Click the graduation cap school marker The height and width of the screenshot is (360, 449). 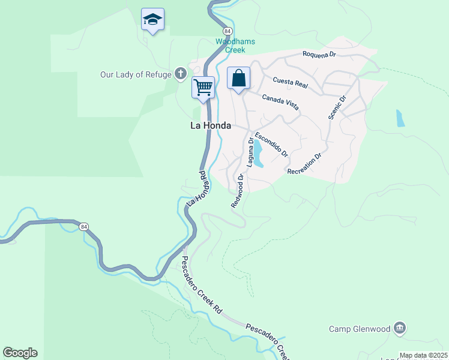pyautogui.click(x=153, y=20)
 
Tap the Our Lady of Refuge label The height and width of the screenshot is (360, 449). pyautogui.click(x=137, y=74)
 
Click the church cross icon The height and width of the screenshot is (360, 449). pyautogui.click(x=180, y=74)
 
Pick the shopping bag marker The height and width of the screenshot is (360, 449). pyautogui.click(x=238, y=78)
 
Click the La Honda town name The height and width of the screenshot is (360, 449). pyautogui.click(x=211, y=126)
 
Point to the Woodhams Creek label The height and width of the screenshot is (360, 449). pyautogui.click(x=235, y=46)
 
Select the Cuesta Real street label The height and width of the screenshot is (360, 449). pyautogui.click(x=290, y=83)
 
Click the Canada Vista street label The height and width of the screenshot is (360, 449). pyautogui.click(x=280, y=101)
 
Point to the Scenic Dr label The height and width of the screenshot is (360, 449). pyautogui.click(x=337, y=107)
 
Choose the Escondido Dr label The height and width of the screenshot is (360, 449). pyautogui.click(x=272, y=145)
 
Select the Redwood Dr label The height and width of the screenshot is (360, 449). pyautogui.click(x=238, y=191)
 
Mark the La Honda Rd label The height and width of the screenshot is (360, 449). pyautogui.click(x=196, y=188)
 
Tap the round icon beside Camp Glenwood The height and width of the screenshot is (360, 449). pyautogui.click(x=400, y=328)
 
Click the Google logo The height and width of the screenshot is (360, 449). pyautogui.click(x=20, y=353)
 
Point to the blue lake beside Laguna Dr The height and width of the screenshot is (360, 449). pyautogui.click(x=258, y=154)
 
